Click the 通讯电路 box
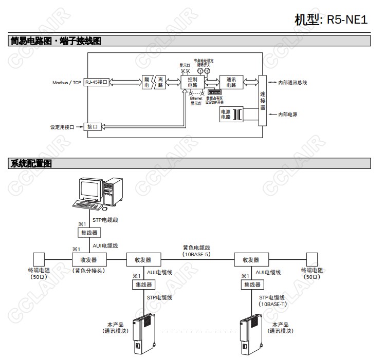coord(231,82)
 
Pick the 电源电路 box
coord(226,115)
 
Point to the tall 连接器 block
coord(263,101)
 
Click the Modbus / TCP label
coord(67,82)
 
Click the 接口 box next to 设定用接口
coord(93,126)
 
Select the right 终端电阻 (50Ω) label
coord(311,273)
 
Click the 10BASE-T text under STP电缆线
coord(272,304)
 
